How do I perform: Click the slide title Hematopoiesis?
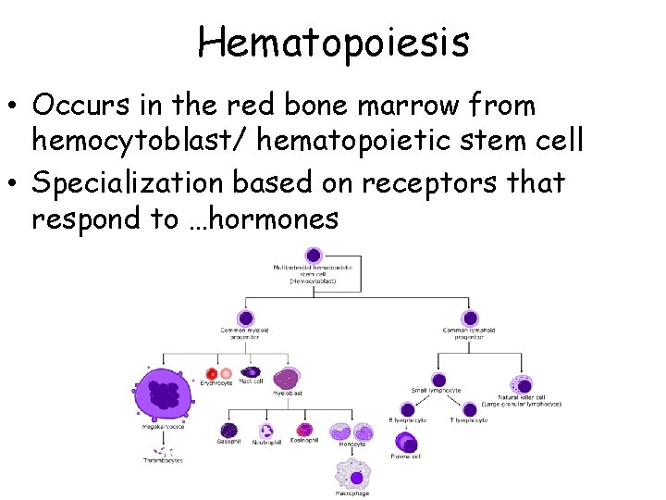(x=333, y=42)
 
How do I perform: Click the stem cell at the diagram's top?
(x=314, y=255)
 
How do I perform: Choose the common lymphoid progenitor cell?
(x=469, y=316)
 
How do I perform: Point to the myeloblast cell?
(x=287, y=377)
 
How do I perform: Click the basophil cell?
(x=228, y=430)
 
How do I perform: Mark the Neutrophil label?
(x=266, y=443)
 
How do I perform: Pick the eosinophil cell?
(x=303, y=430)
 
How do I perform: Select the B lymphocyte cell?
(x=408, y=409)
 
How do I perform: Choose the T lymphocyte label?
(x=470, y=420)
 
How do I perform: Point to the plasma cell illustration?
(x=408, y=444)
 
